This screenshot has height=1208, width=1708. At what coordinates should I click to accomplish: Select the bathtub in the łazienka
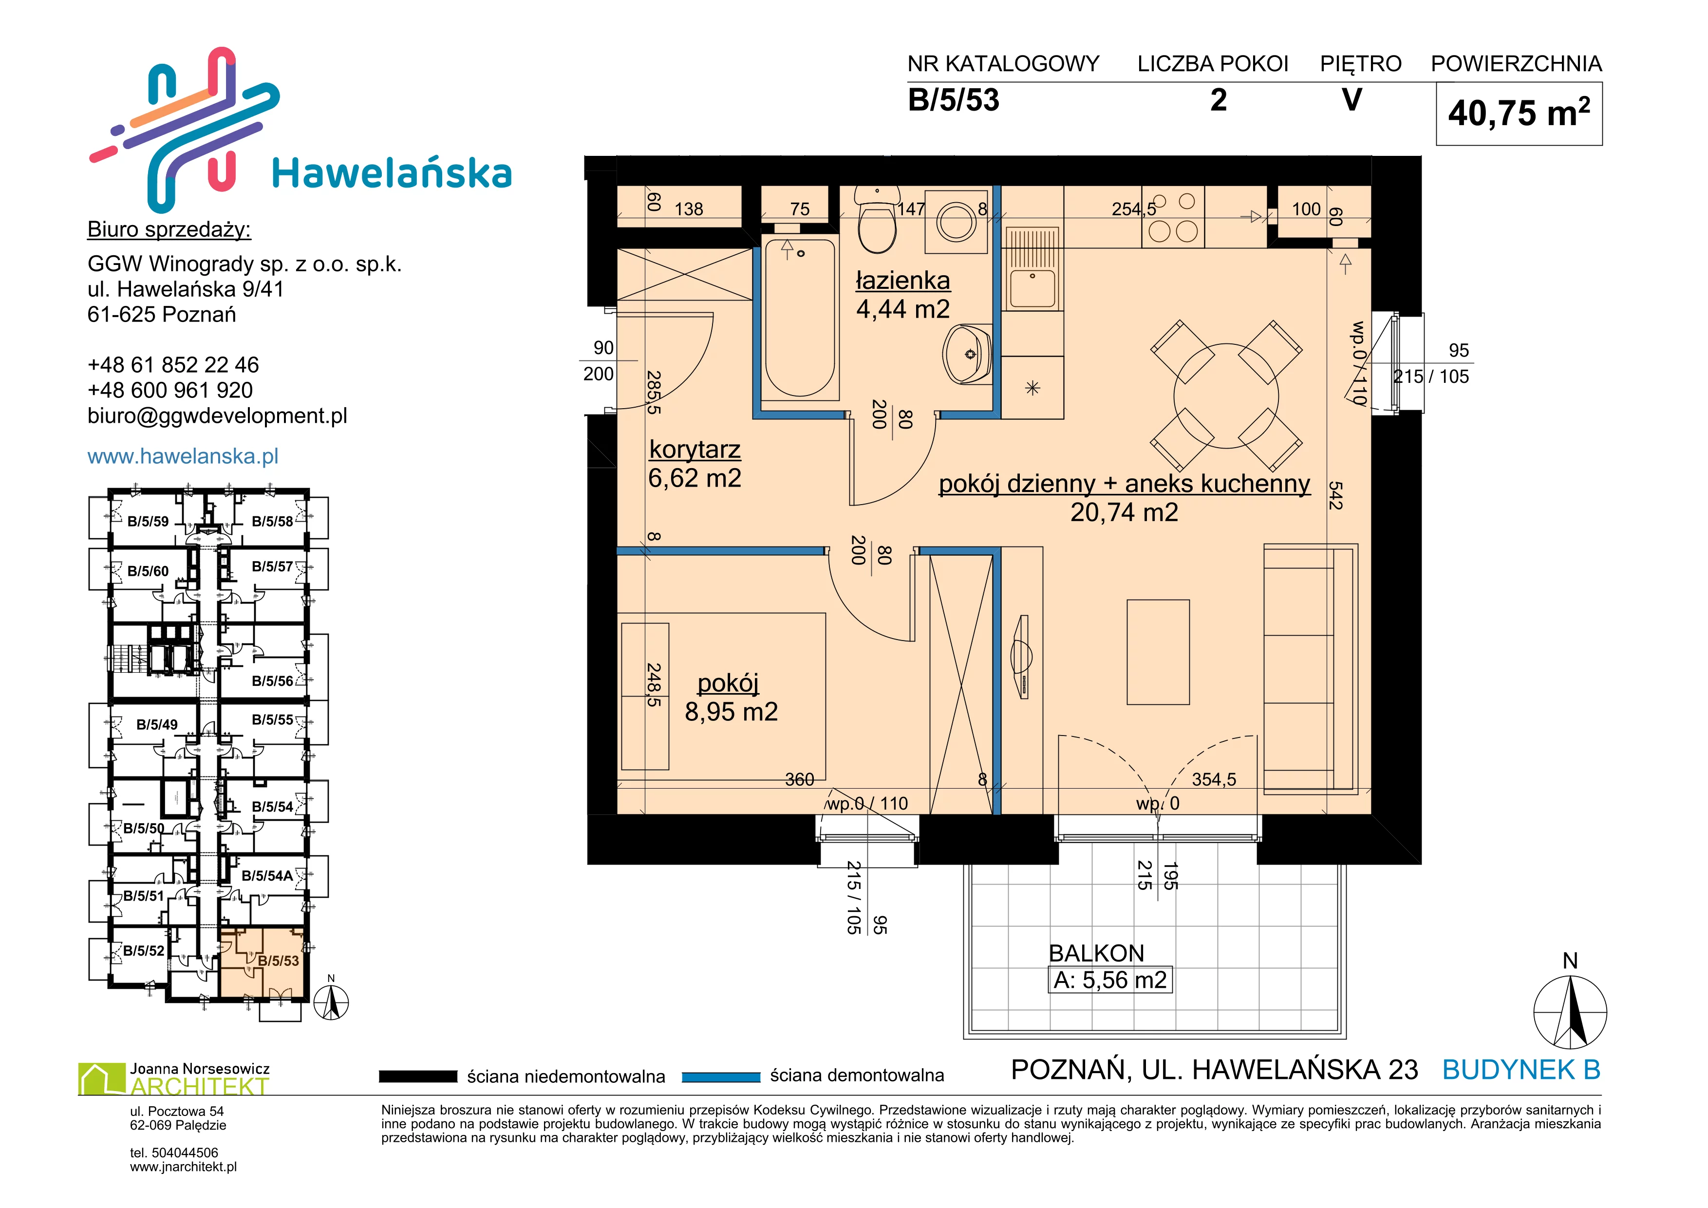coord(801,318)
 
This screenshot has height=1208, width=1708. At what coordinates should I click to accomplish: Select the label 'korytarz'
coord(695,451)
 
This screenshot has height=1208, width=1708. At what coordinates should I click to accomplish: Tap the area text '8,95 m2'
coord(731,712)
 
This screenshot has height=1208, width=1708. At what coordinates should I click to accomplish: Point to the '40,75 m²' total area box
coord(1519,113)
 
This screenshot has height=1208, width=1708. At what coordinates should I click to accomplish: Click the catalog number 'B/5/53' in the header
coord(954,100)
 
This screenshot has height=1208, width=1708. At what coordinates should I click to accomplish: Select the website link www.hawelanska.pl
coord(183,456)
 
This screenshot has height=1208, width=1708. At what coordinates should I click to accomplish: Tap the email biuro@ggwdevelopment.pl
coord(217,416)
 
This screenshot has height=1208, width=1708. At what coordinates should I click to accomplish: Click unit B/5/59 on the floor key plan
coord(148,521)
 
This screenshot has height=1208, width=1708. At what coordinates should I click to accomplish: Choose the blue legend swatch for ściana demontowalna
coord(720,1076)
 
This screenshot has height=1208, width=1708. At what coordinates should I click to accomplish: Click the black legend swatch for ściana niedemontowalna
coord(418,1076)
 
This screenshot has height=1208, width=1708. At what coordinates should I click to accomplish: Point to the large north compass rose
coord(1570,1012)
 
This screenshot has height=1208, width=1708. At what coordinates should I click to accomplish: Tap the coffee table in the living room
coord(1158,652)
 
